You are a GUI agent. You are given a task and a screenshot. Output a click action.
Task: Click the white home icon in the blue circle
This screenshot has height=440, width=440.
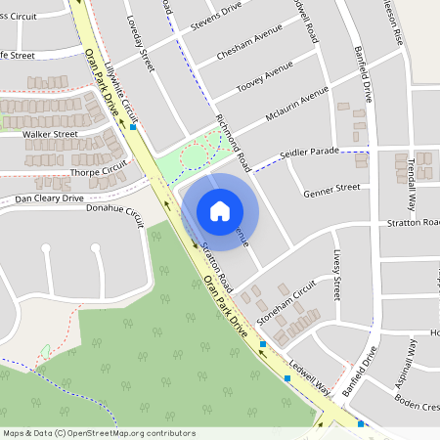click(x=220, y=210)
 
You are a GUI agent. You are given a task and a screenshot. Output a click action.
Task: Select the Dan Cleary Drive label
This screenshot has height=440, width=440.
click(x=49, y=198)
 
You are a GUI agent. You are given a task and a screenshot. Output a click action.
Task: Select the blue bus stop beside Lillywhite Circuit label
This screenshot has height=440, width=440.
click(x=133, y=127)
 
